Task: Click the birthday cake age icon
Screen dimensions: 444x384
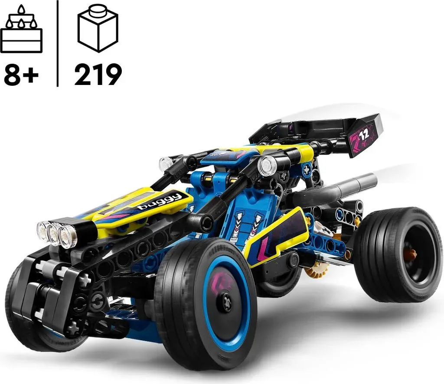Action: pos(22,29)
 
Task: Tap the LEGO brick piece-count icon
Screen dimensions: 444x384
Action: pos(98,28)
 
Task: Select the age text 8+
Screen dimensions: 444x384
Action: pos(21,75)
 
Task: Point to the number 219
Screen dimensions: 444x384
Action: pos(98,75)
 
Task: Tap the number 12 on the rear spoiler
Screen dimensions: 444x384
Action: pos(364,134)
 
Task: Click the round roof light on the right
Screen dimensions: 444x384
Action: pos(267,165)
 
